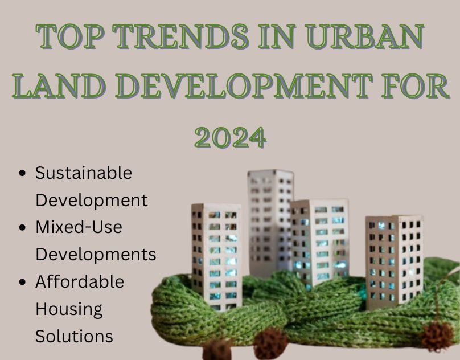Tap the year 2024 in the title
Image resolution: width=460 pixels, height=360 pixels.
point(230,136)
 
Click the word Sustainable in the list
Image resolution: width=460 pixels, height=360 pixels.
point(83,173)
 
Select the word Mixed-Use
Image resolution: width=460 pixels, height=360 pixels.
point(79,227)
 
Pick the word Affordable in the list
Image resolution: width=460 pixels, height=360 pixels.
point(79,281)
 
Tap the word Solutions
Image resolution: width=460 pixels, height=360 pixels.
point(74,336)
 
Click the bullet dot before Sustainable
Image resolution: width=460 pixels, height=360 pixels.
point(23,173)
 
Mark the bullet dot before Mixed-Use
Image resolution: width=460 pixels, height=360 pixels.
point(23,227)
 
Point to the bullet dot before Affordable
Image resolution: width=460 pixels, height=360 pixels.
point(23,282)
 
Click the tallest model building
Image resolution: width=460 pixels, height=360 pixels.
point(270,222)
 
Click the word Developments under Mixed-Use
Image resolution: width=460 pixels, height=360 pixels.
point(96,254)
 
